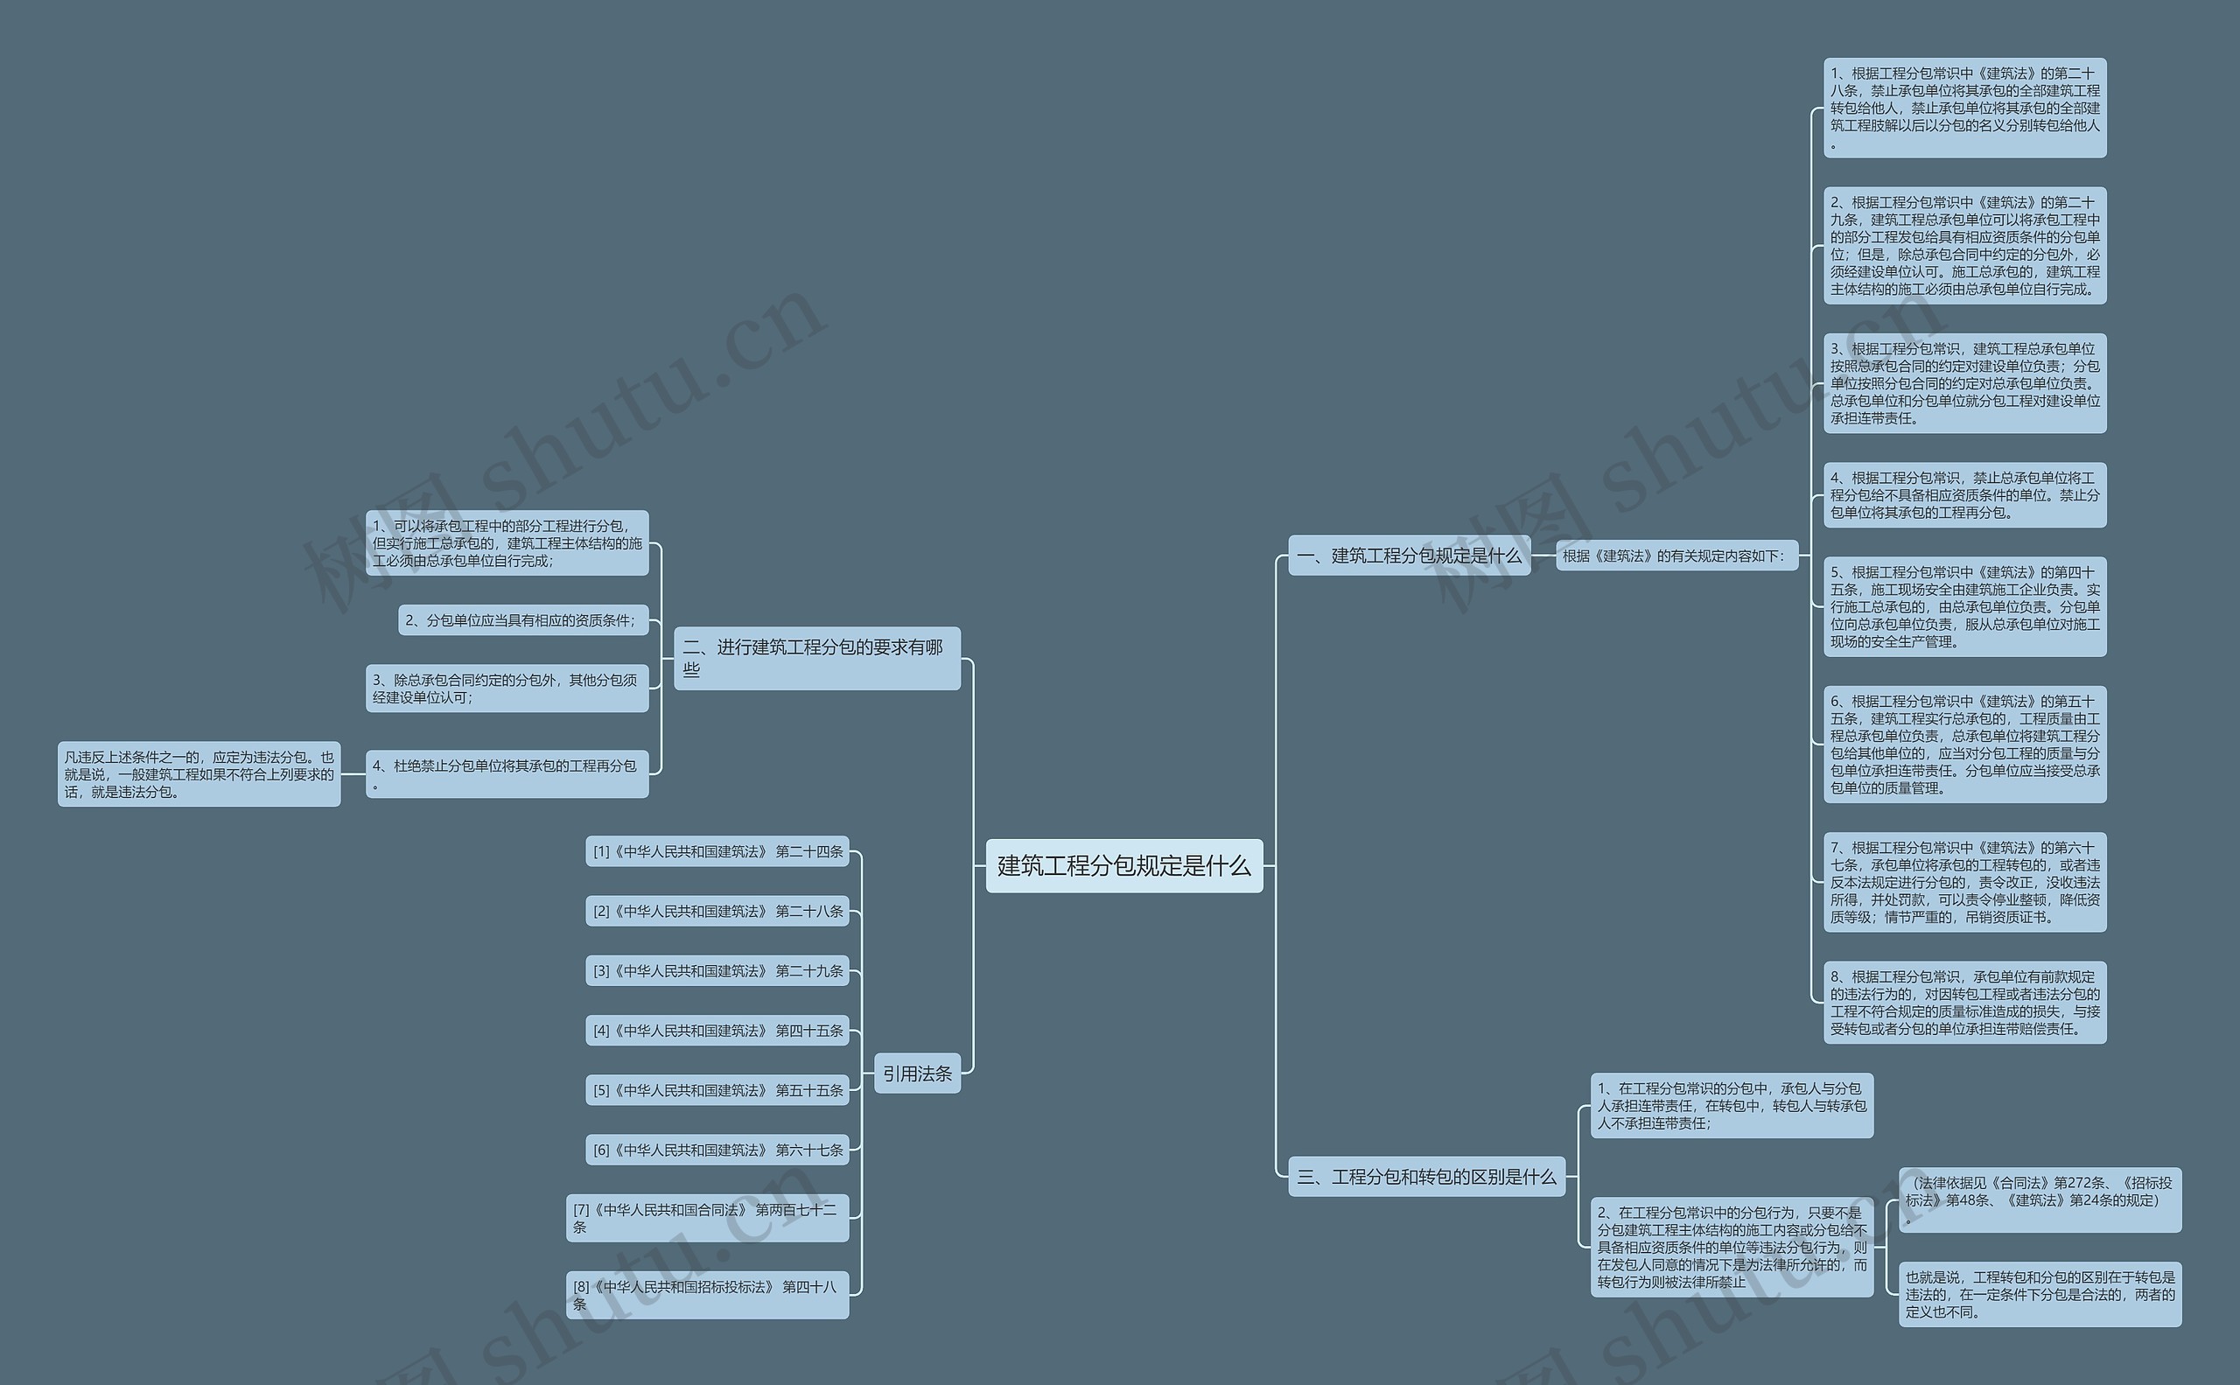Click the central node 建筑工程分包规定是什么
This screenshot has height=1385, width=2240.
(1123, 865)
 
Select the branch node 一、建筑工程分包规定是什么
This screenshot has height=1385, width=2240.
(1408, 555)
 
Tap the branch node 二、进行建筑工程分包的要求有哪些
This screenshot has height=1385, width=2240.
(816, 658)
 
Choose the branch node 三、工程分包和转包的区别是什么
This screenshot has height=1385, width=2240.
(1426, 1176)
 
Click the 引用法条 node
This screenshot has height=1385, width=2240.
(917, 1073)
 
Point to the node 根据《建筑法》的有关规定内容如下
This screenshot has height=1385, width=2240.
(1676, 555)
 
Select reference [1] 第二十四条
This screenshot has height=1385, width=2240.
(717, 851)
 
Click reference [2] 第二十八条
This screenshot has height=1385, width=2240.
(717, 911)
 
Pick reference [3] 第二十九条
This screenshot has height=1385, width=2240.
(717, 970)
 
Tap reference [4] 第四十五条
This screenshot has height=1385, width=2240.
(717, 1031)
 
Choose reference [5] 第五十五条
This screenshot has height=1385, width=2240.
(717, 1090)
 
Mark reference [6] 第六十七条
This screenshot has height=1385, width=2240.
(717, 1150)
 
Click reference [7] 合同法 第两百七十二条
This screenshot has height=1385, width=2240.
(707, 1217)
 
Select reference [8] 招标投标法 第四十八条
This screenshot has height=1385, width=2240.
(707, 1294)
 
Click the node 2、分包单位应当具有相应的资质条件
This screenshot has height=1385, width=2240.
(523, 620)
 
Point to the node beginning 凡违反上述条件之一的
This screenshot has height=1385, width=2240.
(199, 774)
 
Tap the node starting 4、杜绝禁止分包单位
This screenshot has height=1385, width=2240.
(507, 774)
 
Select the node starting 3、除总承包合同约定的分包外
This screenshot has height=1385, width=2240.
(507, 688)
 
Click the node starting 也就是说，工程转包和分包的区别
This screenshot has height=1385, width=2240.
(2040, 1293)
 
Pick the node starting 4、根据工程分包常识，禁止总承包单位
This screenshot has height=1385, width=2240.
(1964, 494)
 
